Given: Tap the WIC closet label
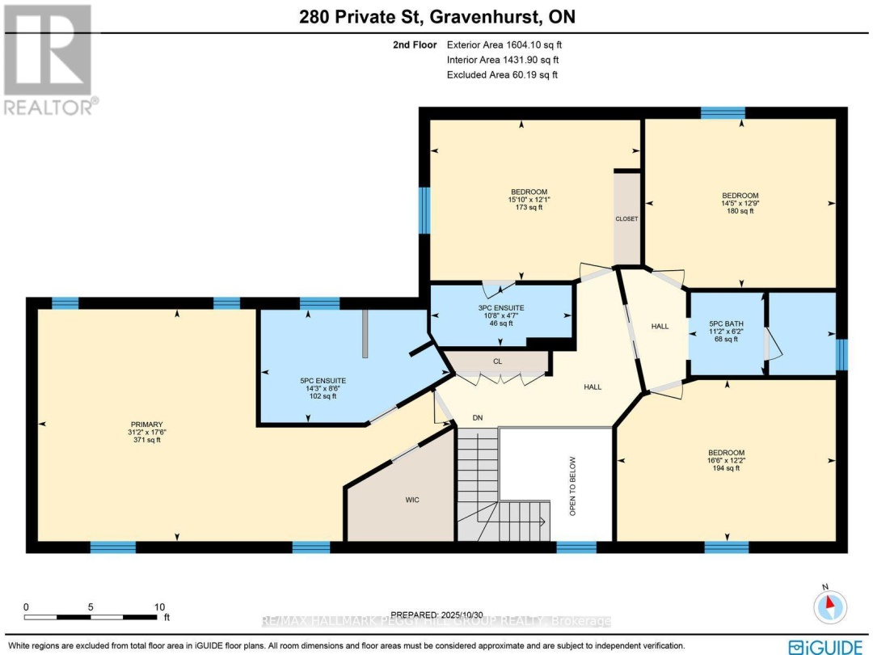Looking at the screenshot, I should tap(413, 500).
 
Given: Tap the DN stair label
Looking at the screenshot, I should tap(479, 417).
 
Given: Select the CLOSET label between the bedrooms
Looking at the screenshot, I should tap(627, 219).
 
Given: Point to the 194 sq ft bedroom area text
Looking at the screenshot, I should tap(727, 469).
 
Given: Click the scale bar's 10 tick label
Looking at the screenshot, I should tap(159, 606).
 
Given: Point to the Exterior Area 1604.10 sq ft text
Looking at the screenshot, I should tap(502, 45).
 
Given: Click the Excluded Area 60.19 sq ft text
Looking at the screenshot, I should tap(502, 74).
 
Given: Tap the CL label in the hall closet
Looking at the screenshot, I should tap(497, 361).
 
